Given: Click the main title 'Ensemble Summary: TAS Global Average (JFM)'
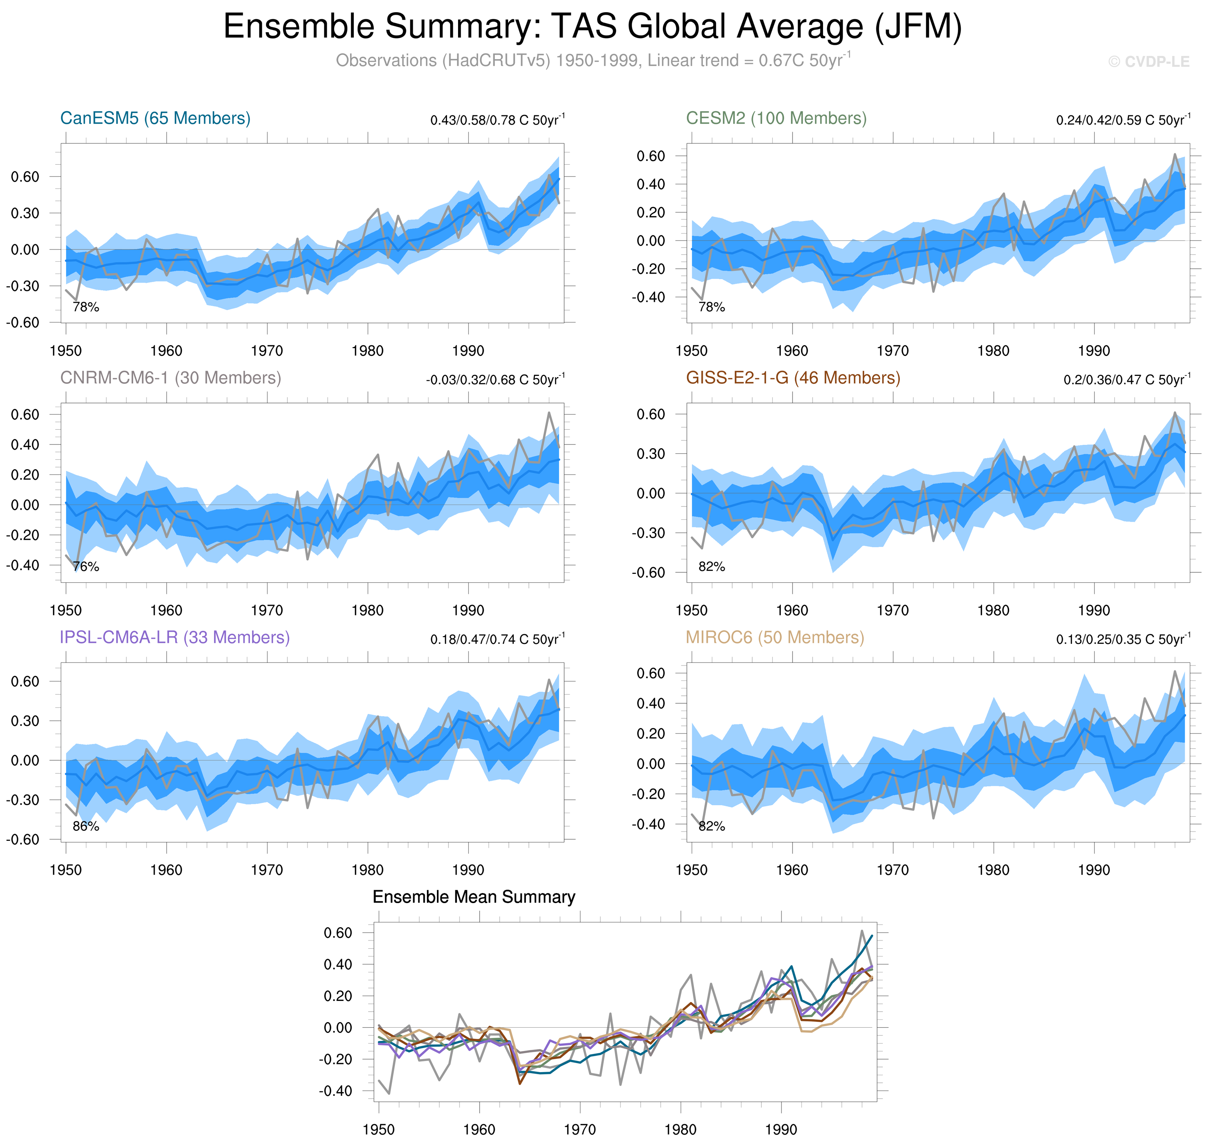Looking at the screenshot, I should click(592, 27).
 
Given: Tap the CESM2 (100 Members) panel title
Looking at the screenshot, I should click(776, 118).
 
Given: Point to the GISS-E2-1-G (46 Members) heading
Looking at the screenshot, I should click(793, 378).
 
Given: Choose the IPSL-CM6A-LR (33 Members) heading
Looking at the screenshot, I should click(174, 637).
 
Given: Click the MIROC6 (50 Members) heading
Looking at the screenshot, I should click(774, 637).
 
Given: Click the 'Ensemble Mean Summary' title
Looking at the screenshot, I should click(473, 897).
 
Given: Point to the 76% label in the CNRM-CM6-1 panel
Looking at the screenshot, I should click(86, 567).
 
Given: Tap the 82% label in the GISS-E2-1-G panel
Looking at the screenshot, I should click(711, 567).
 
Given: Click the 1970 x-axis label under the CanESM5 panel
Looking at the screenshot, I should click(267, 351).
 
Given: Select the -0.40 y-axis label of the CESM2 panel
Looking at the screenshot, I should click(650, 298).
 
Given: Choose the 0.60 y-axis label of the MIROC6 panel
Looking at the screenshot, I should click(650, 673).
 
